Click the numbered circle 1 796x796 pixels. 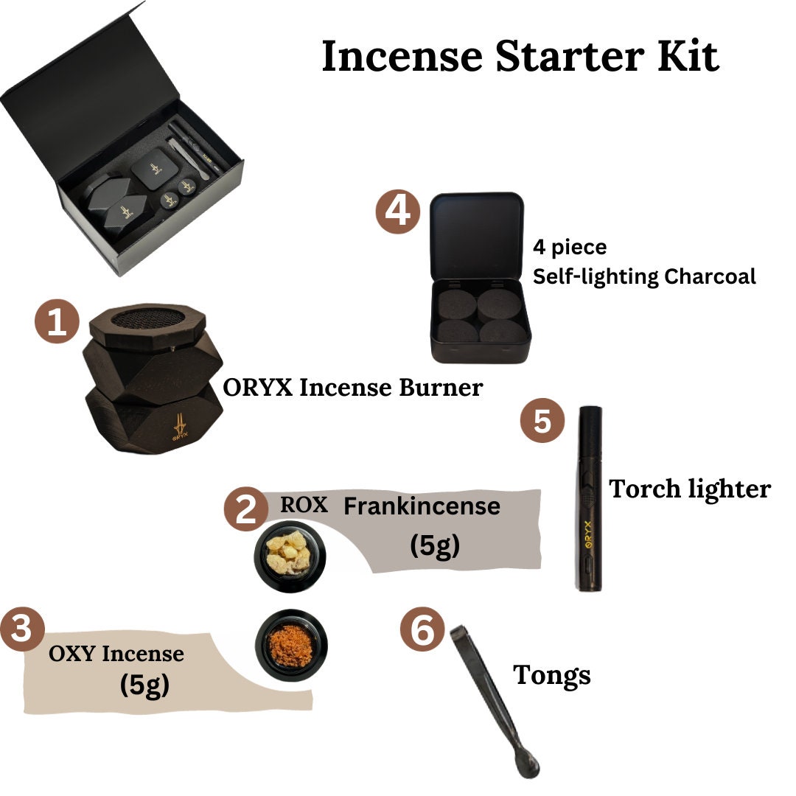[x=57, y=324]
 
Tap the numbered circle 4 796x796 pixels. [x=398, y=212]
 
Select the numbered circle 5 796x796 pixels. [x=542, y=422]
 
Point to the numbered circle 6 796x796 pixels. [x=422, y=632]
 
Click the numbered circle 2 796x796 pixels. [x=246, y=509]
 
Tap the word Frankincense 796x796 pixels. [x=422, y=506]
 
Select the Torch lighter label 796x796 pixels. [x=689, y=489]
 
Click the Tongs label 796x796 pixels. [x=551, y=674]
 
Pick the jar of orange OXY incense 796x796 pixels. [x=291, y=644]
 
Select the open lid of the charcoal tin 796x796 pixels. [x=476, y=236]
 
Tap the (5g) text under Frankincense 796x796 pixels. [x=434, y=546]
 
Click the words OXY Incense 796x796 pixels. [x=116, y=653]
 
